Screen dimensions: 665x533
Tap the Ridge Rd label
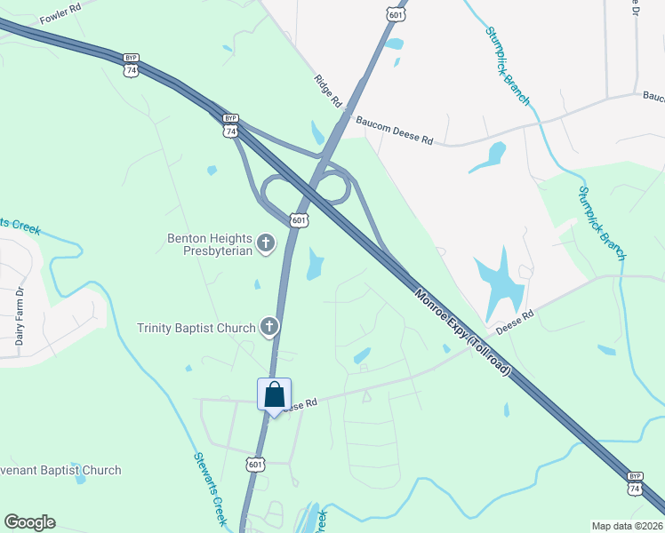(327, 91)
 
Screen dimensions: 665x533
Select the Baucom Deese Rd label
(394, 128)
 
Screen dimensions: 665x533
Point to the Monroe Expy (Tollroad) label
(461, 330)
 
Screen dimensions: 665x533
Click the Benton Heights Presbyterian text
(210, 244)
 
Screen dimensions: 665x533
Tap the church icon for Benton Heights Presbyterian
(265, 243)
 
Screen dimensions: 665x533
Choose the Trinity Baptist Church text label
(196, 328)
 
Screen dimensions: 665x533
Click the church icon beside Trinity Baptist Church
(268, 327)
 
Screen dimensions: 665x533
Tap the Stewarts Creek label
(211, 488)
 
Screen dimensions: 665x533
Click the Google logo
(29, 522)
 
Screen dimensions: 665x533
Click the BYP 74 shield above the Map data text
(634, 482)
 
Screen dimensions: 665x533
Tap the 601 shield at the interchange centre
(299, 219)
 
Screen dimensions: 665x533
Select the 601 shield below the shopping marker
(255, 465)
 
